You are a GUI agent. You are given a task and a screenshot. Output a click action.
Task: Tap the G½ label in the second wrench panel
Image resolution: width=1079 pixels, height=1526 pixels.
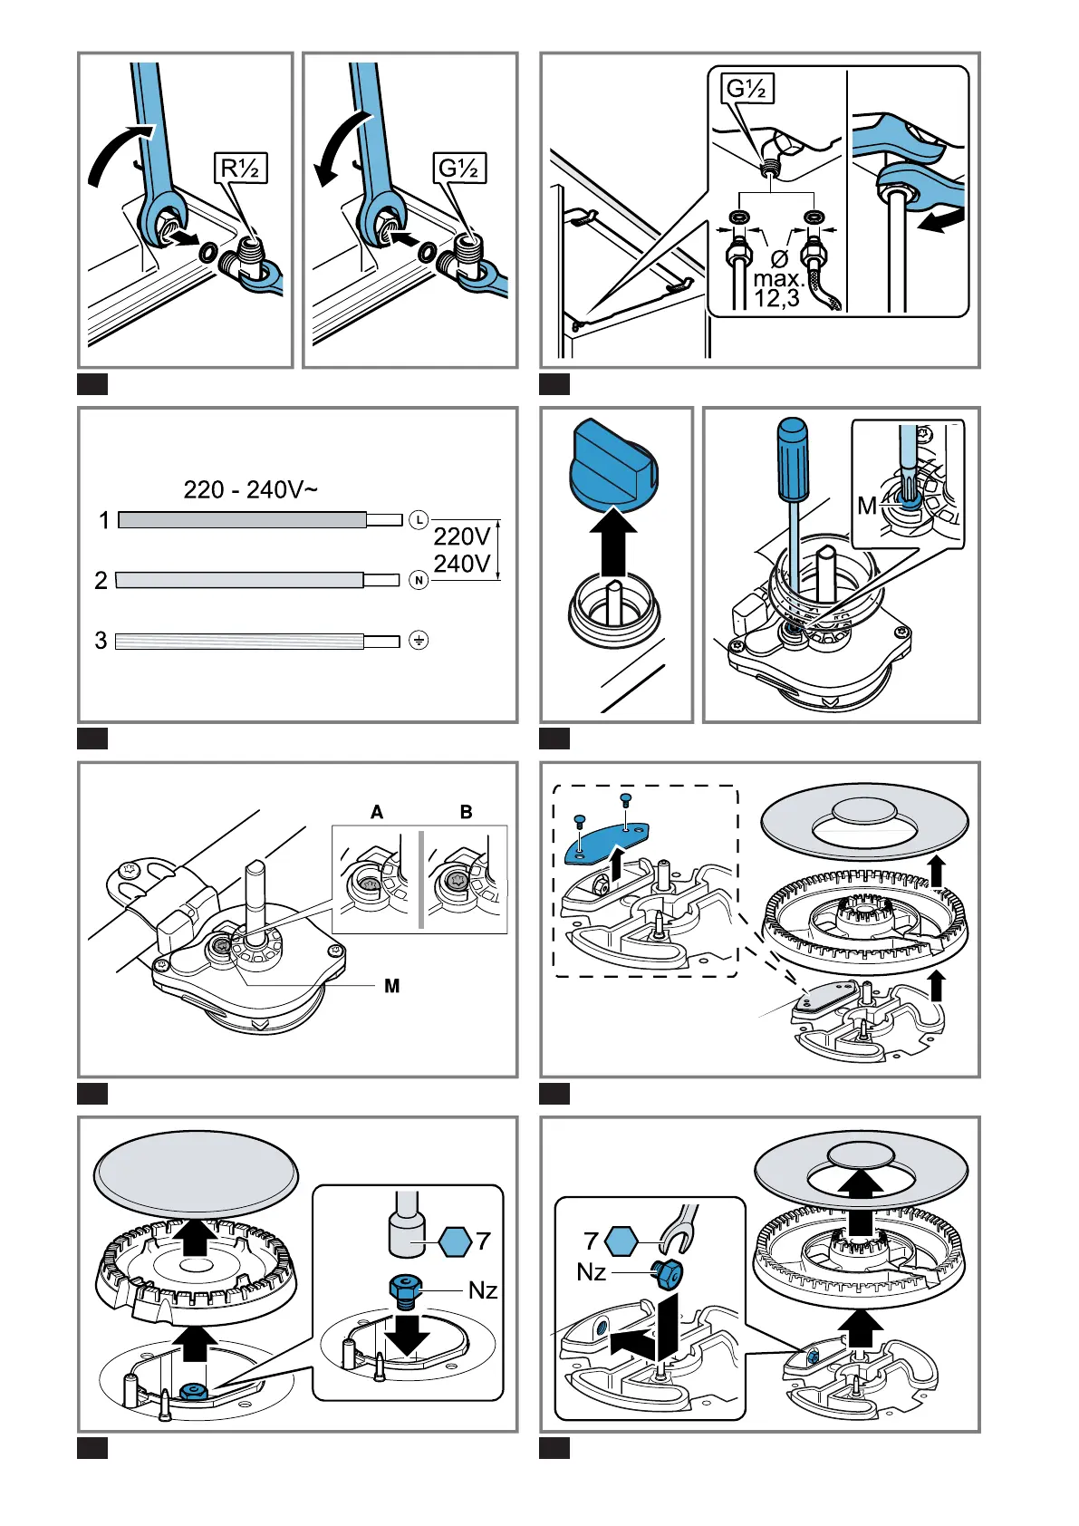[x=460, y=169]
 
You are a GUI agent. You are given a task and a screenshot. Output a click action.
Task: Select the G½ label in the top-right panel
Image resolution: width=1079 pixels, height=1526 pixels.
[x=748, y=89]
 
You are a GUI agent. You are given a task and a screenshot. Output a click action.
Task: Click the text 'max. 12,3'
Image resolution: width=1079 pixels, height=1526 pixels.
[x=777, y=287]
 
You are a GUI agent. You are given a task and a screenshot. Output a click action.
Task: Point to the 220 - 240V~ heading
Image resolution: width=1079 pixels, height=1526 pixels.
[x=250, y=490]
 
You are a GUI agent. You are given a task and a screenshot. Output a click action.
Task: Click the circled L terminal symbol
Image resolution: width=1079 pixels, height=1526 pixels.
[x=418, y=520]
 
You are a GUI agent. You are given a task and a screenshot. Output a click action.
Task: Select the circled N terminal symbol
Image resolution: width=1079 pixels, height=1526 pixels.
[x=418, y=580]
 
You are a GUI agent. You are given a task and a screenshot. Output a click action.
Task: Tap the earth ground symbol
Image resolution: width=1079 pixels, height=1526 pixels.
[x=418, y=641]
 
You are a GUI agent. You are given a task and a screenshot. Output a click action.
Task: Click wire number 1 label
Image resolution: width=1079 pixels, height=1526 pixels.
[x=104, y=520]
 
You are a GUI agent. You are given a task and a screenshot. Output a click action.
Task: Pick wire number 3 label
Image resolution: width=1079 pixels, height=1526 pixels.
[x=101, y=641]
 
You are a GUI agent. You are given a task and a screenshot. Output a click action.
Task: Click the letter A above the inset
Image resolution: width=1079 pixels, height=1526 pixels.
[x=377, y=812]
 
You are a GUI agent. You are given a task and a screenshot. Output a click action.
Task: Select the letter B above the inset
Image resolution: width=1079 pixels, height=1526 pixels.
[x=466, y=812]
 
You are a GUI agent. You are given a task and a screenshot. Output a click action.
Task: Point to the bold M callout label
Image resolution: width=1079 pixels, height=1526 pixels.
[x=391, y=986]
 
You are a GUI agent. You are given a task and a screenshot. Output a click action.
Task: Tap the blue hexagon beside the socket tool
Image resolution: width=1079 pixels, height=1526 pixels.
[x=455, y=1241]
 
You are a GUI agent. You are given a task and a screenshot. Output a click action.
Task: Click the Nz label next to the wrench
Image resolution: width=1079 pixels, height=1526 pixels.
[x=592, y=1272]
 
